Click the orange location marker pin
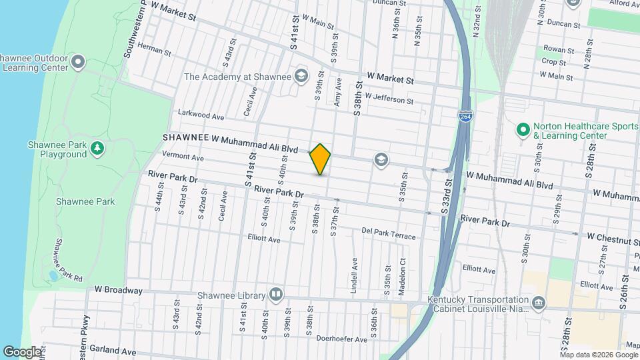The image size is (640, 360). click(x=321, y=159)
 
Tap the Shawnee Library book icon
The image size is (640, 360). click(x=275, y=295)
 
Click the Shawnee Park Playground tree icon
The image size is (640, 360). click(x=97, y=147)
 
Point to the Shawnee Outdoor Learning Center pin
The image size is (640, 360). click(x=78, y=63)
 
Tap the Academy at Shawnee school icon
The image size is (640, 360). click(x=301, y=76)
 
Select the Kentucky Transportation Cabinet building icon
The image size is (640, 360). click(x=538, y=303)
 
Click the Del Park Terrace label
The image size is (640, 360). click(x=389, y=234)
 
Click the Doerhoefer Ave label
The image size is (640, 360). click(x=342, y=339)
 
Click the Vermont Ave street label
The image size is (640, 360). click(x=183, y=157)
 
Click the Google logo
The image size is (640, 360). click(x=21, y=351)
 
